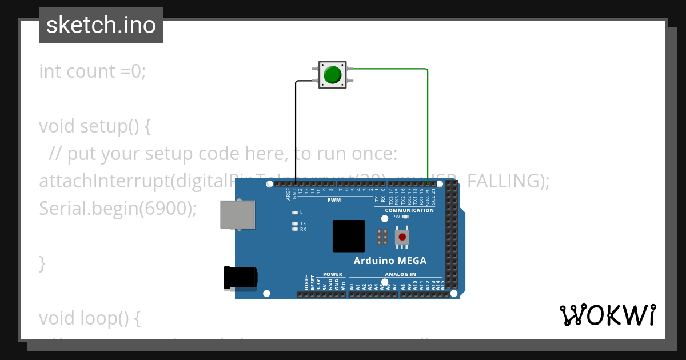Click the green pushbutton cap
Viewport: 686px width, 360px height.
point(332,75)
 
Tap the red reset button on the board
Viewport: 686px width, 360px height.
point(402,237)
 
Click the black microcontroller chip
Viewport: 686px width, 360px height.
point(349,236)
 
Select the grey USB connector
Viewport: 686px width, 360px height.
point(238,214)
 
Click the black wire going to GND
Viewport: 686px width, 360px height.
point(296,131)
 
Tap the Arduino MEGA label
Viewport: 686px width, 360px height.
point(390,261)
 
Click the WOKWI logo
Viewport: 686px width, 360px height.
point(607,315)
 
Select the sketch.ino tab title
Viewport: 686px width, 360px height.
point(101,25)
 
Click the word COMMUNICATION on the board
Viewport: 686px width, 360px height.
point(409,210)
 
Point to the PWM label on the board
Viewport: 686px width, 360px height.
point(334,201)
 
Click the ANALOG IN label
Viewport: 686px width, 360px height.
point(400,274)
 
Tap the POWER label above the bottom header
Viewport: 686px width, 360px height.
point(333,274)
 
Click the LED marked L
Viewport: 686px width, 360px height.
point(295,213)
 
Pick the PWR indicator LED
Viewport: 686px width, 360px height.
point(405,217)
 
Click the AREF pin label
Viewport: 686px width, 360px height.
point(289,194)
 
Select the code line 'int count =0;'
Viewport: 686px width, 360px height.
point(93,71)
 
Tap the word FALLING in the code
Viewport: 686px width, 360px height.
point(508,181)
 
